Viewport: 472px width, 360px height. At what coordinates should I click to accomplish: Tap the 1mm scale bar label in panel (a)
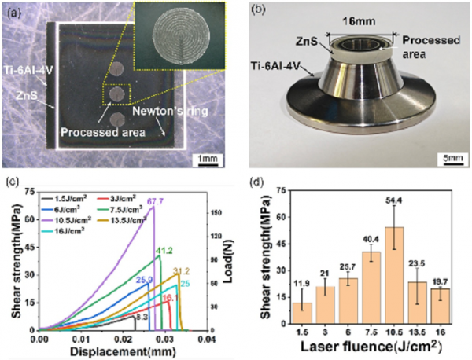[208, 160]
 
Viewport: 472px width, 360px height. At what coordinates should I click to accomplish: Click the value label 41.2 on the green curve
[163, 250]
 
